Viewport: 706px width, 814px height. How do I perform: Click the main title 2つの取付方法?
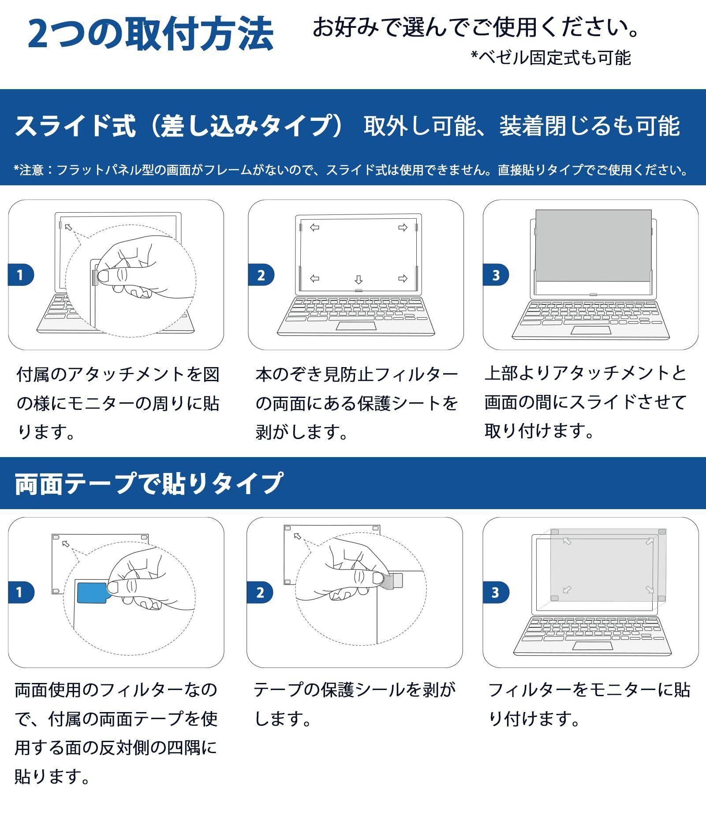coord(150,34)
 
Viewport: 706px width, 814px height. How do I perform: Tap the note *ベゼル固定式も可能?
coord(551,58)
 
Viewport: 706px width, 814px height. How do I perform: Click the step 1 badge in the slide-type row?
coord(20,275)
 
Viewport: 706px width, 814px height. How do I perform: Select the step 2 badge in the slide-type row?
coord(261,275)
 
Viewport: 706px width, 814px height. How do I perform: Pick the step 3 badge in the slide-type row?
coord(496,275)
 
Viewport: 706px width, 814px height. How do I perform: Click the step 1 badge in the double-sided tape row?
coord(20,592)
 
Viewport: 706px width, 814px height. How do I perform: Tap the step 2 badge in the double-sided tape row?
coord(260,592)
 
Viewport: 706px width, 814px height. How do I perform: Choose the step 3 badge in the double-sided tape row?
coord(496,592)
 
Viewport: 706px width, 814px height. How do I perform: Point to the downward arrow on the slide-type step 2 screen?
coord(359,280)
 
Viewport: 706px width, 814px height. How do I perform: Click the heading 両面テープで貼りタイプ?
coord(149,484)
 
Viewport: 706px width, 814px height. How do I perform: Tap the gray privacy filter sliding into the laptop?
coord(593,245)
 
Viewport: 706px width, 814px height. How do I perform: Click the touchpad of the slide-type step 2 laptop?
coord(356,326)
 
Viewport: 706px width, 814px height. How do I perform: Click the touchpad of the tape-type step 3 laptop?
coord(592,646)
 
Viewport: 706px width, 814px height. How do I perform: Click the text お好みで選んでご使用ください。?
coord(476,27)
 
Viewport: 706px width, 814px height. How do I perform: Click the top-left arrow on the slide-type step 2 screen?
coord(314,228)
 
